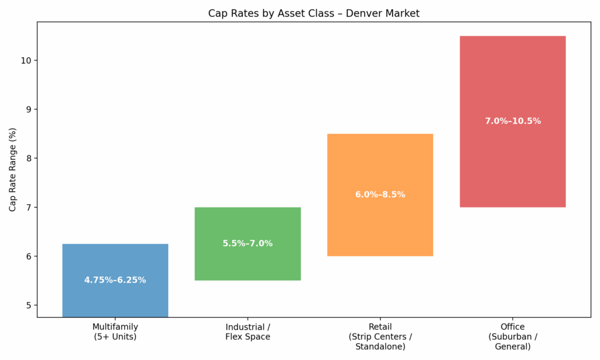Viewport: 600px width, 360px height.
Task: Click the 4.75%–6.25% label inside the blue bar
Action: coord(115,280)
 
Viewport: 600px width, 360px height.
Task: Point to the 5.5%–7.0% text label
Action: coord(247,243)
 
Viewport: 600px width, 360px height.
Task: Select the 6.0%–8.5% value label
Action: coord(380,195)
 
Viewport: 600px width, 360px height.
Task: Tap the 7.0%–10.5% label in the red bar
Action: coord(513,121)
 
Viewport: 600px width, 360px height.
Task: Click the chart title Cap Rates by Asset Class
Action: coord(313,13)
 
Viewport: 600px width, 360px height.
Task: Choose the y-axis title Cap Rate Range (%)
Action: coord(12,170)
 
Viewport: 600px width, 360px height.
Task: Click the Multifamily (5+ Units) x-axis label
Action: coord(115,332)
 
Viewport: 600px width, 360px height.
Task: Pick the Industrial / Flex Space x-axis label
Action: coord(247,332)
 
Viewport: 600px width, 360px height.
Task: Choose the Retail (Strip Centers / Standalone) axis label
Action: coord(380,337)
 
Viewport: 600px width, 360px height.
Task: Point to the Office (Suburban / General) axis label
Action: coord(512,337)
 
